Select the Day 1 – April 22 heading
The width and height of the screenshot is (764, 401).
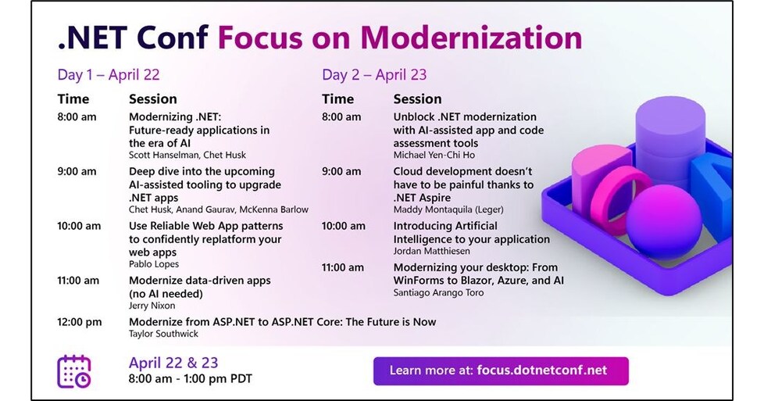[108, 75]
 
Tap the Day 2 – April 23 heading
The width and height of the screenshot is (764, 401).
[374, 75]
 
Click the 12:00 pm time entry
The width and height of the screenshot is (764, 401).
[80, 322]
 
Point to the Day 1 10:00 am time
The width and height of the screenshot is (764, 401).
[79, 226]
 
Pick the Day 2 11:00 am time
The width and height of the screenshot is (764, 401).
[343, 267]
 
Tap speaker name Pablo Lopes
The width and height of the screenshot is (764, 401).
[155, 264]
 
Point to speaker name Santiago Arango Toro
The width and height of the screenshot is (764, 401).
[438, 292]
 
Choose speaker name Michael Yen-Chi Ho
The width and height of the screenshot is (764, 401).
[434, 155]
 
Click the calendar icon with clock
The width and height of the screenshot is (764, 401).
[74, 371]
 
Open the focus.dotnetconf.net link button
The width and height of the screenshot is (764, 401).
[500, 371]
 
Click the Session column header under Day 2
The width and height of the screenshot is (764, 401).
[417, 99]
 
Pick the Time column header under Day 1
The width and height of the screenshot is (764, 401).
[73, 99]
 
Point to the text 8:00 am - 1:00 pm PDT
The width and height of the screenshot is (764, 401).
[190, 380]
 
